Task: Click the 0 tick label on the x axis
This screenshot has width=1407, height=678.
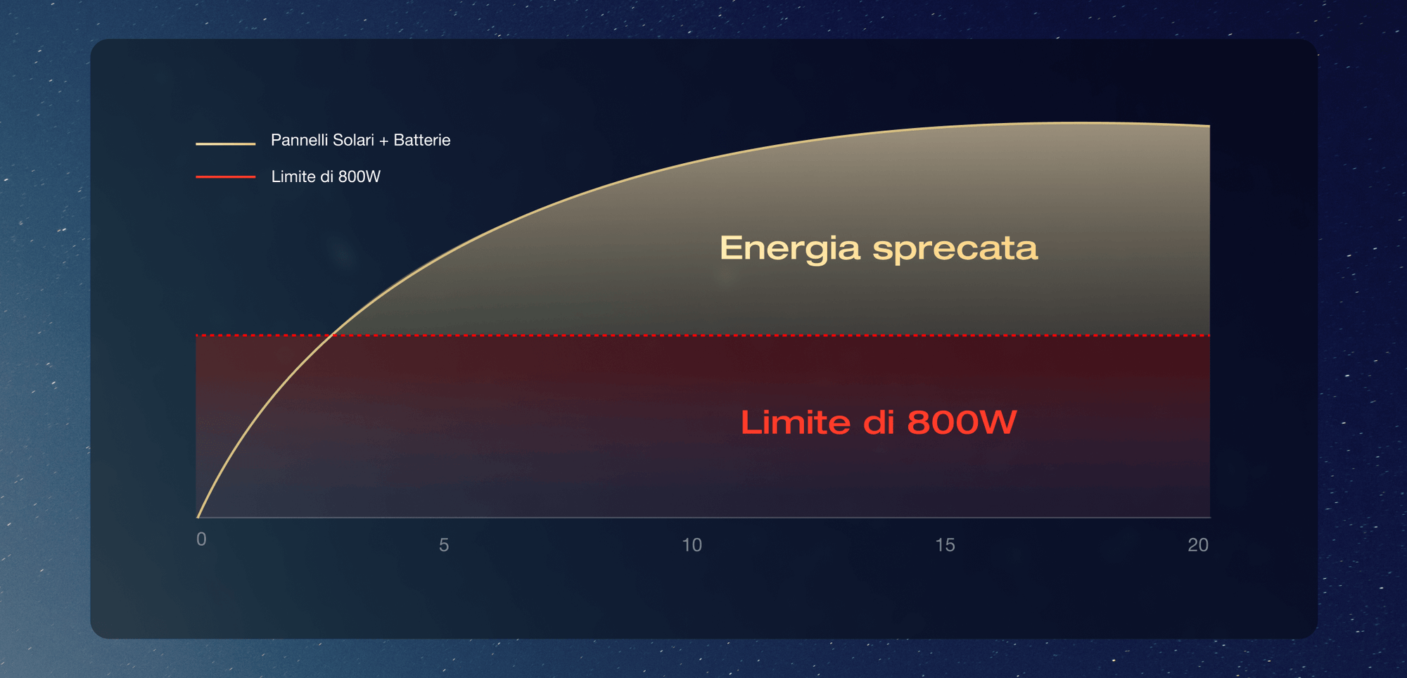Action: click(201, 539)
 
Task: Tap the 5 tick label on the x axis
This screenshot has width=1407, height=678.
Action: click(444, 545)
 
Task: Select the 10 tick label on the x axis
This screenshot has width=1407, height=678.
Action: click(692, 545)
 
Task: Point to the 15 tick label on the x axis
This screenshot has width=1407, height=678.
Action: click(945, 545)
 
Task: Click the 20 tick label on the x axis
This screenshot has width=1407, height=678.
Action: click(1198, 545)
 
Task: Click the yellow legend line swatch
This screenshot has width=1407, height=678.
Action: click(226, 143)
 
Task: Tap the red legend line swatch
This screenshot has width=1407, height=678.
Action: click(226, 177)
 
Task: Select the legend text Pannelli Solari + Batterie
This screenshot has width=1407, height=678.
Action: click(361, 140)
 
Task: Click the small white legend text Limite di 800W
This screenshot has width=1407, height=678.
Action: click(326, 177)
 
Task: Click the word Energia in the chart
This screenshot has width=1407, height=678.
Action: click(790, 249)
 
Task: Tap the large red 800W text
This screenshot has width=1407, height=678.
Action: click(962, 422)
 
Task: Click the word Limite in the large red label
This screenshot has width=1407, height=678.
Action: click(795, 422)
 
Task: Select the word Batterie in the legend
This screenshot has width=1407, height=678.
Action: click(422, 140)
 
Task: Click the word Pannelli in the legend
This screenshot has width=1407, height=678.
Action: click(300, 140)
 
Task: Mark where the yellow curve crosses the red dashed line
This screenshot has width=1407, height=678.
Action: click(331, 335)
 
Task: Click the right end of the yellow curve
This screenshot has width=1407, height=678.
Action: click(1209, 125)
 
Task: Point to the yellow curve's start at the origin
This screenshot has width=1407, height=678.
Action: click(198, 517)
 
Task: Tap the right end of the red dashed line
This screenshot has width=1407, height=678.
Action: click(1209, 335)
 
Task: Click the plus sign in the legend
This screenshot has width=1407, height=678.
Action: click(383, 141)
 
